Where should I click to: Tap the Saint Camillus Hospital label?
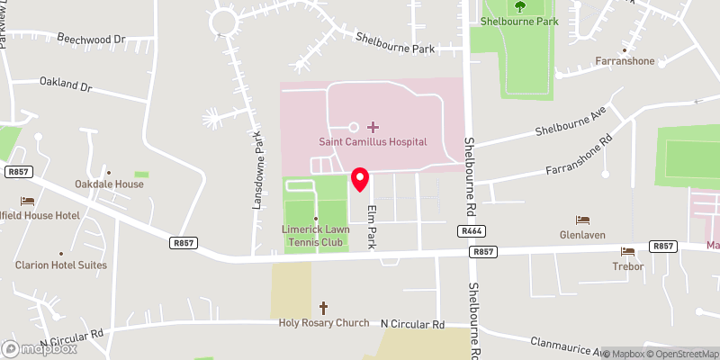coord(373,142)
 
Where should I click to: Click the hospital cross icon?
coord(373,127)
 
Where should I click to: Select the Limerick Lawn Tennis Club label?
coord(316,236)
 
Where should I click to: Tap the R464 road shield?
coord(472,231)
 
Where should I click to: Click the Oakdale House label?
coord(109,184)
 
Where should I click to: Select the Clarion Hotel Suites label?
coord(60,265)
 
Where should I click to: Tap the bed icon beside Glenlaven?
coord(583,220)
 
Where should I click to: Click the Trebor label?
coord(627,265)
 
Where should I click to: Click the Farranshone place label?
coord(625,62)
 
